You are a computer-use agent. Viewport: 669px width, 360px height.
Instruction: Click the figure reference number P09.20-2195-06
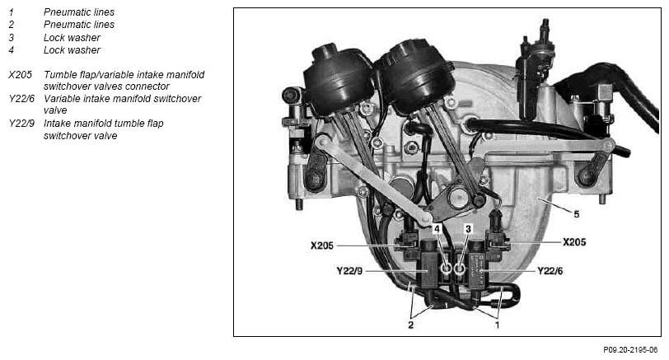point(630,350)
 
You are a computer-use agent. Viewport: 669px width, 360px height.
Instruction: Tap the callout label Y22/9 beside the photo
point(349,271)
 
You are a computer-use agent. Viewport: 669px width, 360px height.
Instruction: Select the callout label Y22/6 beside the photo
point(550,271)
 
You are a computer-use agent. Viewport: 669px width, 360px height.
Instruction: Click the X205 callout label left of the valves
point(321,245)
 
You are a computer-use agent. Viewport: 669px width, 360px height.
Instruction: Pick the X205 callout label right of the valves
point(574,242)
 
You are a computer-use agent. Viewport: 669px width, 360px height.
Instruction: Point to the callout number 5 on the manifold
point(577,214)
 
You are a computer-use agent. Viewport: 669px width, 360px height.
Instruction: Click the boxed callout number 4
point(437,229)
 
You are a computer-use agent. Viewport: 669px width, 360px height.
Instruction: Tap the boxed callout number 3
point(468,229)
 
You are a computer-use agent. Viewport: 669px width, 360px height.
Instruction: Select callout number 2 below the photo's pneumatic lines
point(411,325)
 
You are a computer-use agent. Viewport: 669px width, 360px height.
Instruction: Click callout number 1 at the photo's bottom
point(497,325)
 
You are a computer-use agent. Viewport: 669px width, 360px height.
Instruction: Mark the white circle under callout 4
point(447,269)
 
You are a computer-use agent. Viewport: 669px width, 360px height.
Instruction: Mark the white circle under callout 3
point(460,269)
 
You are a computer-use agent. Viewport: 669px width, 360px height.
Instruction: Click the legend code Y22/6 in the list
point(21,99)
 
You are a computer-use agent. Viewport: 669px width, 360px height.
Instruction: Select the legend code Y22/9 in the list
point(21,124)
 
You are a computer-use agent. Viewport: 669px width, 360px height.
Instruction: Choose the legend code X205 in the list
point(20,75)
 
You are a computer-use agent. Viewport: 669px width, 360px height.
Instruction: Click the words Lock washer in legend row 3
point(73,38)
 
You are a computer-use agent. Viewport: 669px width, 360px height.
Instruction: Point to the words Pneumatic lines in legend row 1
point(79,12)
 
